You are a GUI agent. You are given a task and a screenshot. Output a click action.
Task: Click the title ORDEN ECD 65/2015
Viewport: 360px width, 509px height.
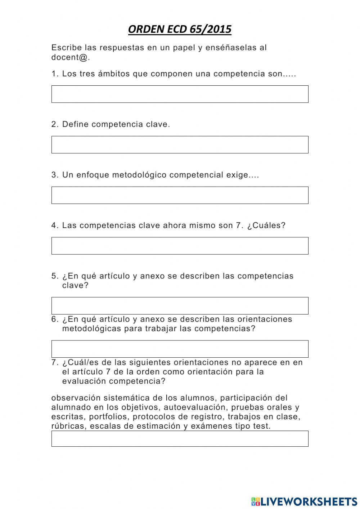[x=180, y=29]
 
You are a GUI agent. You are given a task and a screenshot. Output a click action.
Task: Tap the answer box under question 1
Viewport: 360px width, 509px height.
[x=180, y=94]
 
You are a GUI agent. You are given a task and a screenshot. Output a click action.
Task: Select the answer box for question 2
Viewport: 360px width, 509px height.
[x=180, y=144]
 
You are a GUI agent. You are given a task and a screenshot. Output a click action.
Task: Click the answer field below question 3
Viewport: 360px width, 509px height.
[x=180, y=195]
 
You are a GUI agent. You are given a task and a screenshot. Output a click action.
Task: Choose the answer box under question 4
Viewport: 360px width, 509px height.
[x=180, y=246]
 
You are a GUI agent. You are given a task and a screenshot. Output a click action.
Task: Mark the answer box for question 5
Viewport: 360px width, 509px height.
[x=180, y=305]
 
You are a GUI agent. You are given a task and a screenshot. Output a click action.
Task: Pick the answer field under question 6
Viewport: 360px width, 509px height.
[x=180, y=349]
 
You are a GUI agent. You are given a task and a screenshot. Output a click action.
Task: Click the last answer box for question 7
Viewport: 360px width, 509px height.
[x=180, y=438]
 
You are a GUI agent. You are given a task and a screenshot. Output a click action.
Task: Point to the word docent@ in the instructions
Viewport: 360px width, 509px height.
[x=71, y=57]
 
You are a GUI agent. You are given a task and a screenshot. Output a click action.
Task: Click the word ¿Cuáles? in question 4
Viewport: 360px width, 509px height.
[x=266, y=226]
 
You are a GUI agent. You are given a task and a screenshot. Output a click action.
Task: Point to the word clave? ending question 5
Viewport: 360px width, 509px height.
[x=75, y=285]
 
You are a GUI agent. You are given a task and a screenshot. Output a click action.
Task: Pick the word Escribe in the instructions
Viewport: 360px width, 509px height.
[x=64, y=48]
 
